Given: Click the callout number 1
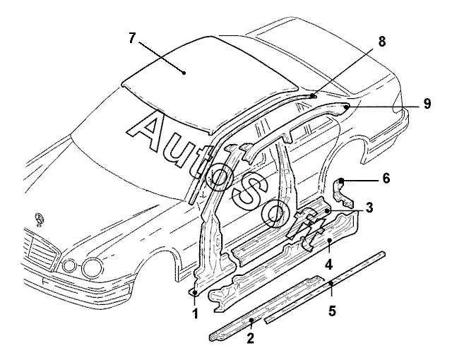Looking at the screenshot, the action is click(196, 313).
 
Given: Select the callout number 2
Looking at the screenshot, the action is click(251, 338).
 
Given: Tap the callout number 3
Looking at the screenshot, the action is click(369, 207).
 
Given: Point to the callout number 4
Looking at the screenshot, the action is click(329, 264).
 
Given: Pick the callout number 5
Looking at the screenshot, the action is click(333, 311).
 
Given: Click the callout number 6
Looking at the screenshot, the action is click(386, 179).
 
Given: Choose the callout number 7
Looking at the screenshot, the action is click(132, 38).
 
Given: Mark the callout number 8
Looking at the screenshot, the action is click(381, 42).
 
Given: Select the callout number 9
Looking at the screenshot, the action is click(427, 104).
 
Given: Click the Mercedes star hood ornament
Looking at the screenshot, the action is click(39, 220).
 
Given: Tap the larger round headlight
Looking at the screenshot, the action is click(93, 267).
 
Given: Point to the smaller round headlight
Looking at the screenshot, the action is click(69, 265).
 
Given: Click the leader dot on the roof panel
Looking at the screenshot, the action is click(184, 73).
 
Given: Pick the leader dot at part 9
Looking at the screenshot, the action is click(346, 107).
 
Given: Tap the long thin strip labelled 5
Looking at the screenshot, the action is click(325, 287).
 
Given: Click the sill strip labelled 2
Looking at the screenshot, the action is click(267, 308).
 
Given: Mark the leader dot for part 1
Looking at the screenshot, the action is click(195, 293).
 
